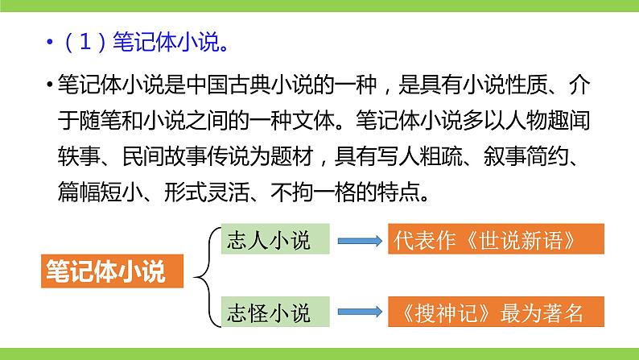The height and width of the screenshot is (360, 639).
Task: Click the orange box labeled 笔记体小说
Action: (105, 271)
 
